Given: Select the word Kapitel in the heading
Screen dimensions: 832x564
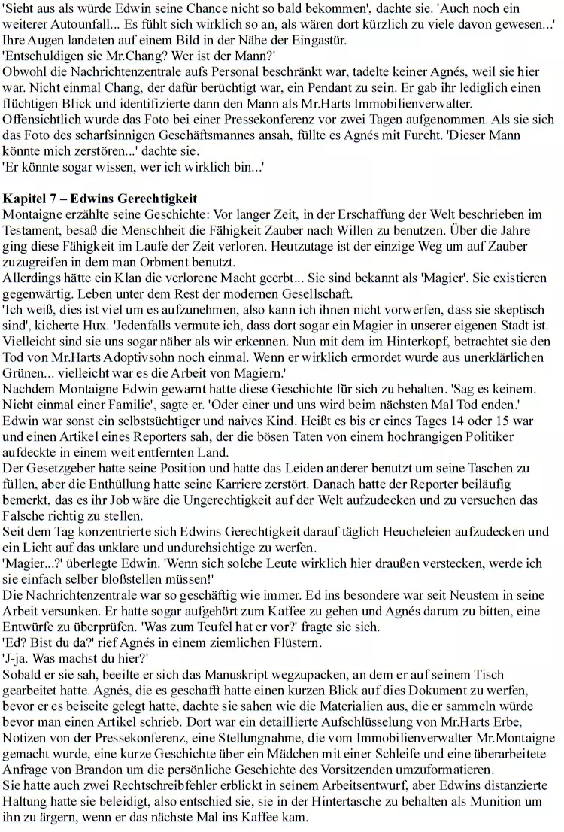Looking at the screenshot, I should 24,199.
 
